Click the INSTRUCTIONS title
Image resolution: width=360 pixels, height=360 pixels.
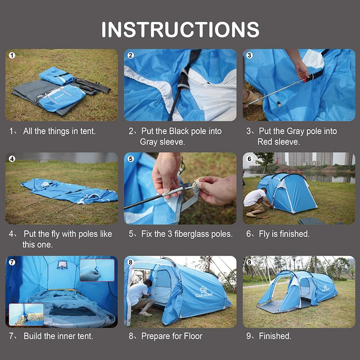tap(180, 29)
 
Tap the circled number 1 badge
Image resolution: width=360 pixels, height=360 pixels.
tap(12, 55)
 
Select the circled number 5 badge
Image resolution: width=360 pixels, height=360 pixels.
tap(130, 159)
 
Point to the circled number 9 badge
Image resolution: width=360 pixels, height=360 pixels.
tap(249, 262)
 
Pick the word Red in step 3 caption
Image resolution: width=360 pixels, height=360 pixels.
tap(265, 142)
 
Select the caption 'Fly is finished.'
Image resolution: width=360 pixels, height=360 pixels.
tap(284, 234)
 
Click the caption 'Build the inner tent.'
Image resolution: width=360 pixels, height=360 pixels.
tap(58, 336)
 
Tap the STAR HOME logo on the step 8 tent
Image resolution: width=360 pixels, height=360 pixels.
tap(204, 292)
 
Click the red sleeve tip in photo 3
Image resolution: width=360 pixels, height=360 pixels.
tap(305, 80)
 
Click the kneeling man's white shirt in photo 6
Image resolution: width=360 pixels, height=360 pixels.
tap(254, 197)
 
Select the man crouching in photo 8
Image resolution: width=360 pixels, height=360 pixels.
tap(140, 297)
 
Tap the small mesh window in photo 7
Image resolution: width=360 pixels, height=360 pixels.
tap(62, 265)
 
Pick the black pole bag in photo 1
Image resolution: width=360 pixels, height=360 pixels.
tap(93, 86)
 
